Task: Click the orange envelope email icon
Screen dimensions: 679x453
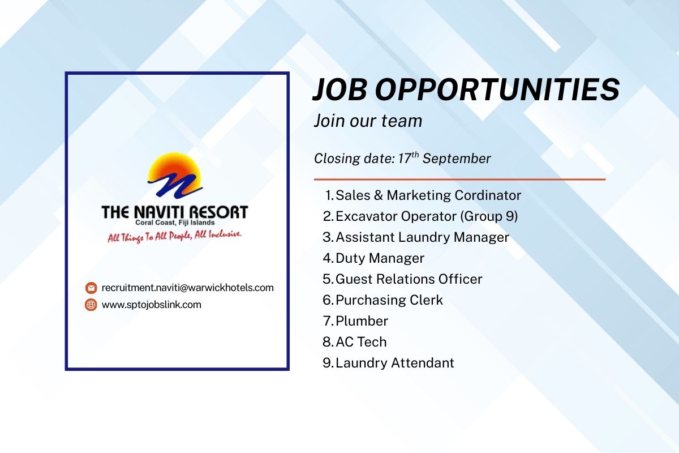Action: click(91, 288)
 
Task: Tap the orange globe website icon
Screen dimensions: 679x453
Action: click(91, 305)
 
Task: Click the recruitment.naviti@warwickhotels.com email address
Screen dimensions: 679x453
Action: click(188, 288)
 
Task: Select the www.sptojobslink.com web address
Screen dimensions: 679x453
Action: click(152, 305)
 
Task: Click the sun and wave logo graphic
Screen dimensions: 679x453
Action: click(175, 175)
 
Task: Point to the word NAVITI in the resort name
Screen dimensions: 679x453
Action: click(160, 212)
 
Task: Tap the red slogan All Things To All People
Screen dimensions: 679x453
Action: click(175, 236)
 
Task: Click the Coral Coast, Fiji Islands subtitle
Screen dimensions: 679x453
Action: click(175, 223)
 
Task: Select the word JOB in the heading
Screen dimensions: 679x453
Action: click(340, 90)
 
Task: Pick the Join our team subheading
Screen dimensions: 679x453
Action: click(368, 121)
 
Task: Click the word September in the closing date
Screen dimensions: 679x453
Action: click(457, 159)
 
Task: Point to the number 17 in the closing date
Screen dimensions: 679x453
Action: click(405, 159)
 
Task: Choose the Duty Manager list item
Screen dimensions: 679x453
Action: click(380, 258)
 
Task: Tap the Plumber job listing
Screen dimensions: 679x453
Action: click(362, 321)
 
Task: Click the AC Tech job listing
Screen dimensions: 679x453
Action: click(362, 342)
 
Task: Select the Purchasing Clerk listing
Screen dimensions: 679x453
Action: click(389, 300)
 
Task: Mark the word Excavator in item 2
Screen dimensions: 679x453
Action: click(366, 216)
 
